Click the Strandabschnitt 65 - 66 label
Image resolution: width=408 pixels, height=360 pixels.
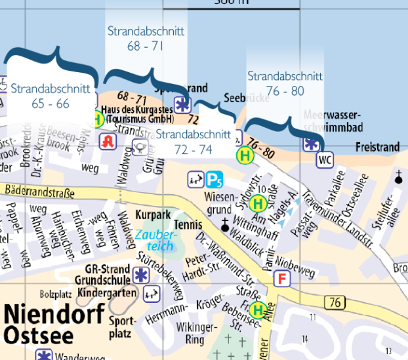pyautogui.click(x=40, y=95)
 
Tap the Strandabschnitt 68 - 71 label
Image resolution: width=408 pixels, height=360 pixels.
pyautogui.click(x=146, y=38)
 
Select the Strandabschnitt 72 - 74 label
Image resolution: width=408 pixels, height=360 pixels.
pyautogui.click(x=193, y=142)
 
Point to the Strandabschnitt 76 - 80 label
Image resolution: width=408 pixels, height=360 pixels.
pyautogui.click(x=285, y=83)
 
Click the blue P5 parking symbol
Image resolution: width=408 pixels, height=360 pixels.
pyautogui.click(x=214, y=178)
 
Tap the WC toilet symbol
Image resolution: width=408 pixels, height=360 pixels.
pyautogui.click(x=325, y=159)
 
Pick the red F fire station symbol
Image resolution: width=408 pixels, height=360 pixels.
pyautogui.click(x=283, y=279)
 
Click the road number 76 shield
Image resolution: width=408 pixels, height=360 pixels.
pyautogui.click(x=335, y=302)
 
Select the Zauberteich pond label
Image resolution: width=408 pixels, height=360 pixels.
pyautogui.click(x=155, y=240)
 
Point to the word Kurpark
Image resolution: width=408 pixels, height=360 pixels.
pyautogui.click(x=152, y=214)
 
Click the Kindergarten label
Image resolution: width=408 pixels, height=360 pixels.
pyautogui.click(x=107, y=292)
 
